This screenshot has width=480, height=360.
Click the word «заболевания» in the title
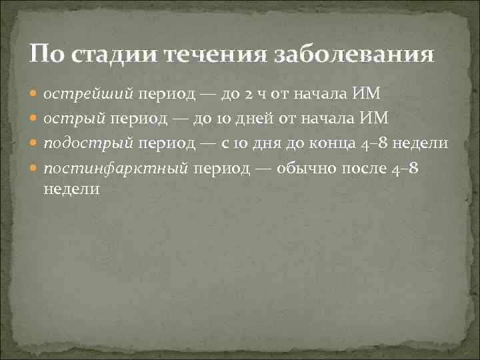pos(353,54)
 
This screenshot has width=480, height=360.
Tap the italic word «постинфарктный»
pos(117,169)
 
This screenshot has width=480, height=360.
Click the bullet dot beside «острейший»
pos(35,95)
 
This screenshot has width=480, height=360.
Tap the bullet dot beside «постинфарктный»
pos(35,169)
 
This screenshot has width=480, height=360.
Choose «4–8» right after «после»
pos(405,169)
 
